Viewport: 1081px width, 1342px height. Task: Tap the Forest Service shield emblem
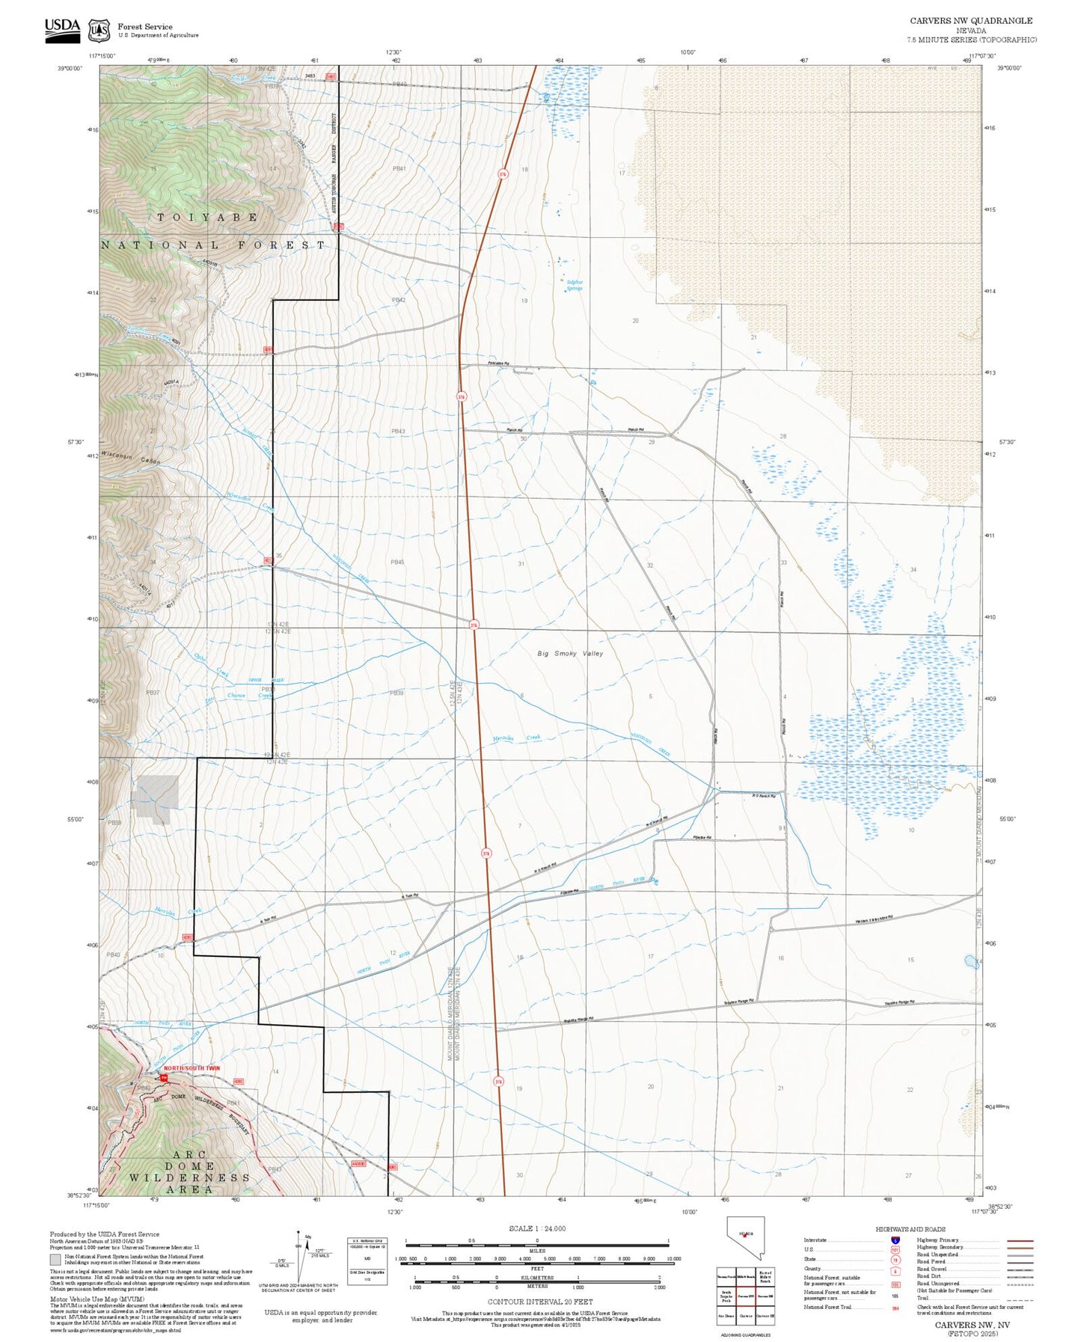click(x=98, y=31)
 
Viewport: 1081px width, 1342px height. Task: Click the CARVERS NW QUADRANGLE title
click(x=971, y=21)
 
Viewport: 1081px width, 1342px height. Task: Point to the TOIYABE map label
click(x=208, y=217)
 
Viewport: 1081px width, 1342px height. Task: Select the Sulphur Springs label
click(x=574, y=285)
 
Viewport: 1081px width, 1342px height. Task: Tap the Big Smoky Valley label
click(x=570, y=653)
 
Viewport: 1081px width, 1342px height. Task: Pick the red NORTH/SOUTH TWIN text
click(x=192, y=1068)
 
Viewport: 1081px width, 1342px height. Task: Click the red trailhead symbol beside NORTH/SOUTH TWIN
click(x=162, y=1077)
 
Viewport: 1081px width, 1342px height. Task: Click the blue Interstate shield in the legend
click(x=895, y=1240)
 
